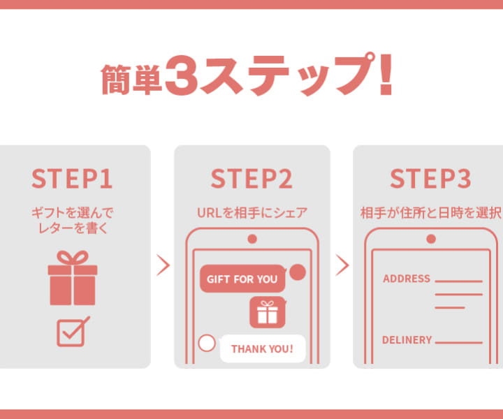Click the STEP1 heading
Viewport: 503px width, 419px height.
click(72, 179)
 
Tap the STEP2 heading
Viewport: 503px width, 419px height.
click(251, 179)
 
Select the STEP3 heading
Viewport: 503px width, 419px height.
click(430, 179)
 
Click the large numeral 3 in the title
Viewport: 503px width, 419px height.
click(181, 75)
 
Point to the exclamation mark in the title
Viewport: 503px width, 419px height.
click(386, 75)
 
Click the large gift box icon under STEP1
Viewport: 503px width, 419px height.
click(73, 278)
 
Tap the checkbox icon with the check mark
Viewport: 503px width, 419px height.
click(73, 332)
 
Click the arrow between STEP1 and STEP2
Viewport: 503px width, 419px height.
click(163, 265)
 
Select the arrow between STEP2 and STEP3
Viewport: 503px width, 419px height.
click(342, 265)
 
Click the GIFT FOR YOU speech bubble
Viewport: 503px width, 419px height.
click(243, 279)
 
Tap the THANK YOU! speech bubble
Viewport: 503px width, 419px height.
click(263, 348)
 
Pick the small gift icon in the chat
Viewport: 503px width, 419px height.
click(268, 312)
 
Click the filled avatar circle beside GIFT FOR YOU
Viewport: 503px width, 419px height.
click(298, 272)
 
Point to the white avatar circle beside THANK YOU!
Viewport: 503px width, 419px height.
click(207, 343)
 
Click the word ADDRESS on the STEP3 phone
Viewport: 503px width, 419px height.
click(407, 279)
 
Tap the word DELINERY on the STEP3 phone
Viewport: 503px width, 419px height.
click(407, 340)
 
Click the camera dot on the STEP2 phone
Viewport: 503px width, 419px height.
click(252, 239)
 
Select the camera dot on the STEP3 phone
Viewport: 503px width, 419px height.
click(431, 239)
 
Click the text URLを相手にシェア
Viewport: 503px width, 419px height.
click(251, 213)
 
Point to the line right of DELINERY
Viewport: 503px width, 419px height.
click(459, 343)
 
